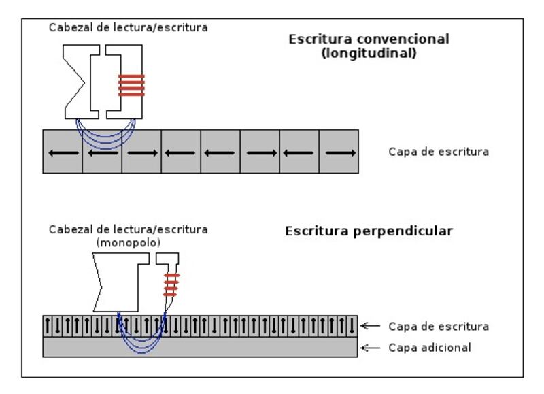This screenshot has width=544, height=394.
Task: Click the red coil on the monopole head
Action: click(x=171, y=282)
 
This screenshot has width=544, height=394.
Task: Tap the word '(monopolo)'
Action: click(x=120, y=241)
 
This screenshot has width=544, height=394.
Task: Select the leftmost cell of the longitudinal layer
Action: click(x=63, y=152)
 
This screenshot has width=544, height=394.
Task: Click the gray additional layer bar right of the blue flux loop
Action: click(x=272, y=347)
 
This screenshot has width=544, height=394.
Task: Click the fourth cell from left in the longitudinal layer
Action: click(x=182, y=152)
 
